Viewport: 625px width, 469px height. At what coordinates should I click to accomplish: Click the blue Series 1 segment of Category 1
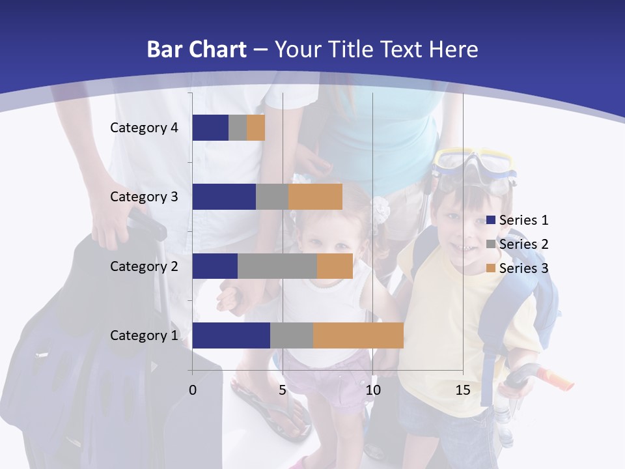pos(231,335)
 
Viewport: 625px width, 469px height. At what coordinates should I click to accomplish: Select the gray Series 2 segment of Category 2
pos(277,266)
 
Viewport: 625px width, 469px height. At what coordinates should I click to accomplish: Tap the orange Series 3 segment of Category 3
pos(316,197)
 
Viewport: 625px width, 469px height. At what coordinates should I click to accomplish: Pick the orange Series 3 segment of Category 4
pos(256,128)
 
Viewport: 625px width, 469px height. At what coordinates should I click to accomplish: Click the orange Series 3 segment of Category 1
pos(358,335)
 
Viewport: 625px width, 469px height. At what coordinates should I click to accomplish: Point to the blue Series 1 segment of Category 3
pos(224,197)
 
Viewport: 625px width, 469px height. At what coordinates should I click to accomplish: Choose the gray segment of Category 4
pos(238,128)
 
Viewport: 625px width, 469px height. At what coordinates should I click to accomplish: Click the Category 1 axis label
pos(144,335)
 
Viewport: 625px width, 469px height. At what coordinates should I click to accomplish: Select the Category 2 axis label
pos(144,266)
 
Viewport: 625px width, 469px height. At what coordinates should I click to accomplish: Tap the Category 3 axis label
pos(144,197)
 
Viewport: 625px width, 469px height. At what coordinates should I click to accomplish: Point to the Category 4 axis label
pos(144,128)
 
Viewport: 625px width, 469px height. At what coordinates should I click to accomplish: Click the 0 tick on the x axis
pos(193,390)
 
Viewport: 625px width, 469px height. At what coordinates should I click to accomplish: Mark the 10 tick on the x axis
pos(372,390)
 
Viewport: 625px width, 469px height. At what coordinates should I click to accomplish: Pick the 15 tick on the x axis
pos(463,390)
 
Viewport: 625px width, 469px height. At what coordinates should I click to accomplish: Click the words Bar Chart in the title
pos(197,50)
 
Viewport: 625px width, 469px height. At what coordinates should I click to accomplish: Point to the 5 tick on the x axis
pos(283,390)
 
